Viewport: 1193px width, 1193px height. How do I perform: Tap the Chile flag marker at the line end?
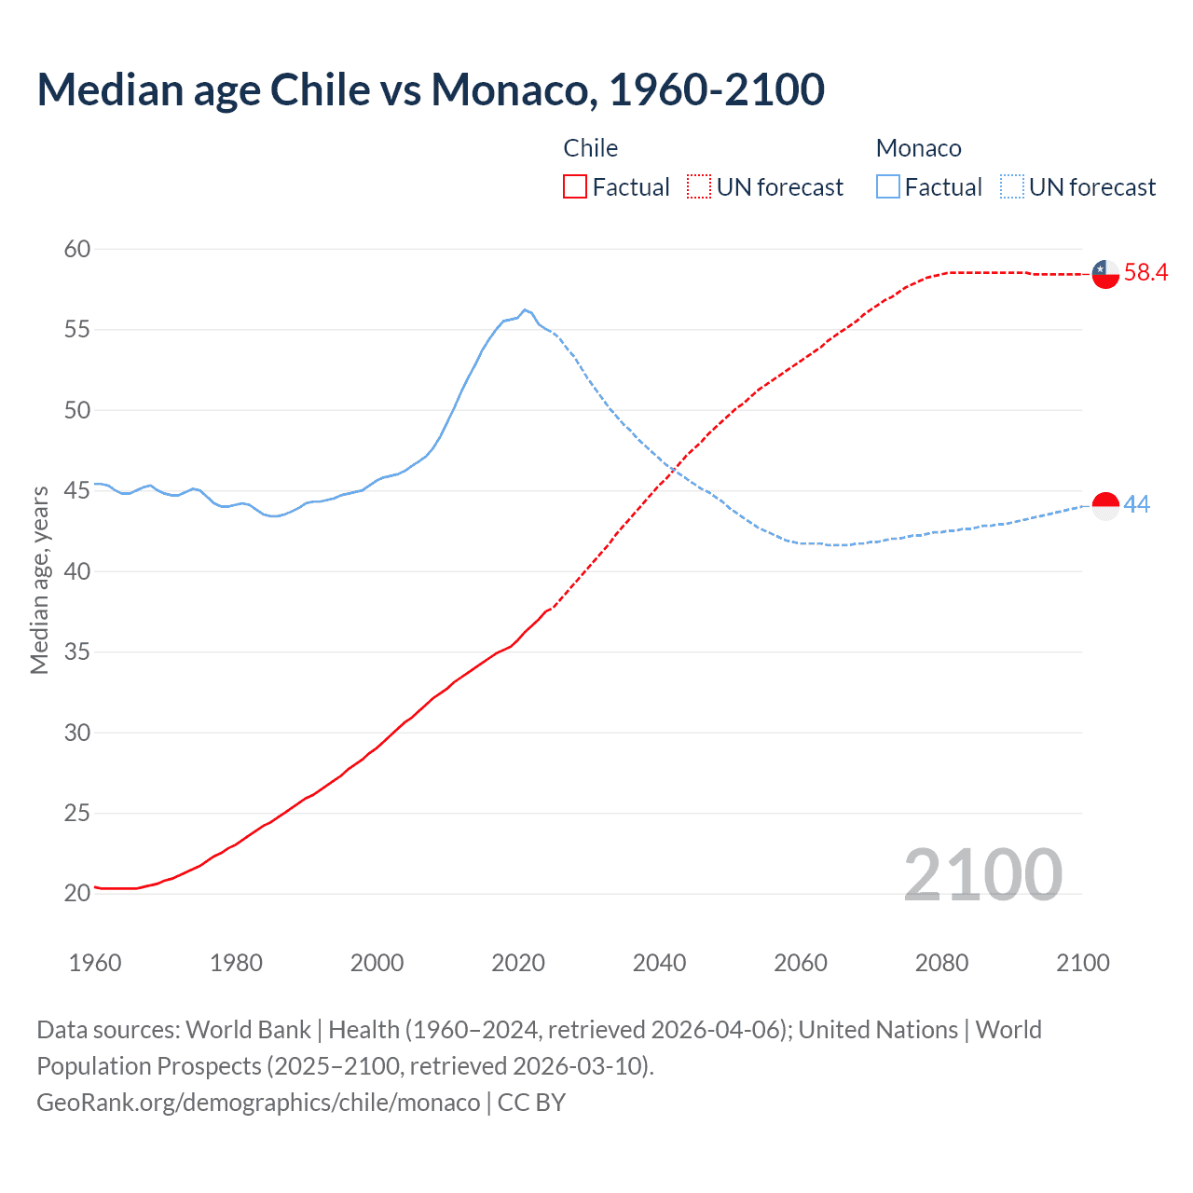click(x=1105, y=274)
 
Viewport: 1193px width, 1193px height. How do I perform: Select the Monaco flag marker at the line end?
click(x=1105, y=505)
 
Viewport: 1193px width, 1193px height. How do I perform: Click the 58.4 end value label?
click(x=1145, y=272)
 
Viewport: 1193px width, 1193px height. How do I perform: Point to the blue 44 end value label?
click(x=1137, y=504)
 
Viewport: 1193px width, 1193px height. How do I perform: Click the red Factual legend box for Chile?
click(x=575, y=187)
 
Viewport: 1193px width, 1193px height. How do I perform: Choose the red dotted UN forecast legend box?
click(x=699, y=187)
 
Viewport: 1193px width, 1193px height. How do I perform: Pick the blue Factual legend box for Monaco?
click(x=888, y=187)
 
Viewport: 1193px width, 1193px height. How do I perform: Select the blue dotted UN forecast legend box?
click(x=1011, y=187)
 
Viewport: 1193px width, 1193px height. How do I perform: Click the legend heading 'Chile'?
click(x=590, y=148)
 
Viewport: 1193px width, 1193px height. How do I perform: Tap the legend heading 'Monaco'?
click(x=918, y=148)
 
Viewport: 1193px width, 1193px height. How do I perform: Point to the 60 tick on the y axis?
click(x=77, y=249)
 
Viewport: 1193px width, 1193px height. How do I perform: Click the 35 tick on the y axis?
click(x=77, y=651)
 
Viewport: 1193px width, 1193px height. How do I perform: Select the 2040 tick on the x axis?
click(x=659, y=963)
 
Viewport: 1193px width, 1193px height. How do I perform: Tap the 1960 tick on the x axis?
click(x=95, y=963)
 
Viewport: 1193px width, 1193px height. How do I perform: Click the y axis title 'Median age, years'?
click(x=39, y=580)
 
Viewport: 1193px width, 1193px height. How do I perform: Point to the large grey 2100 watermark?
click(x=982, y=874)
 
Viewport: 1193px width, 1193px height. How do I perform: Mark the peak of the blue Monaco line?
click(x=525, y=309)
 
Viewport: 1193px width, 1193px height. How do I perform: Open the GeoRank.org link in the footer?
click(x=258, y=1103)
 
